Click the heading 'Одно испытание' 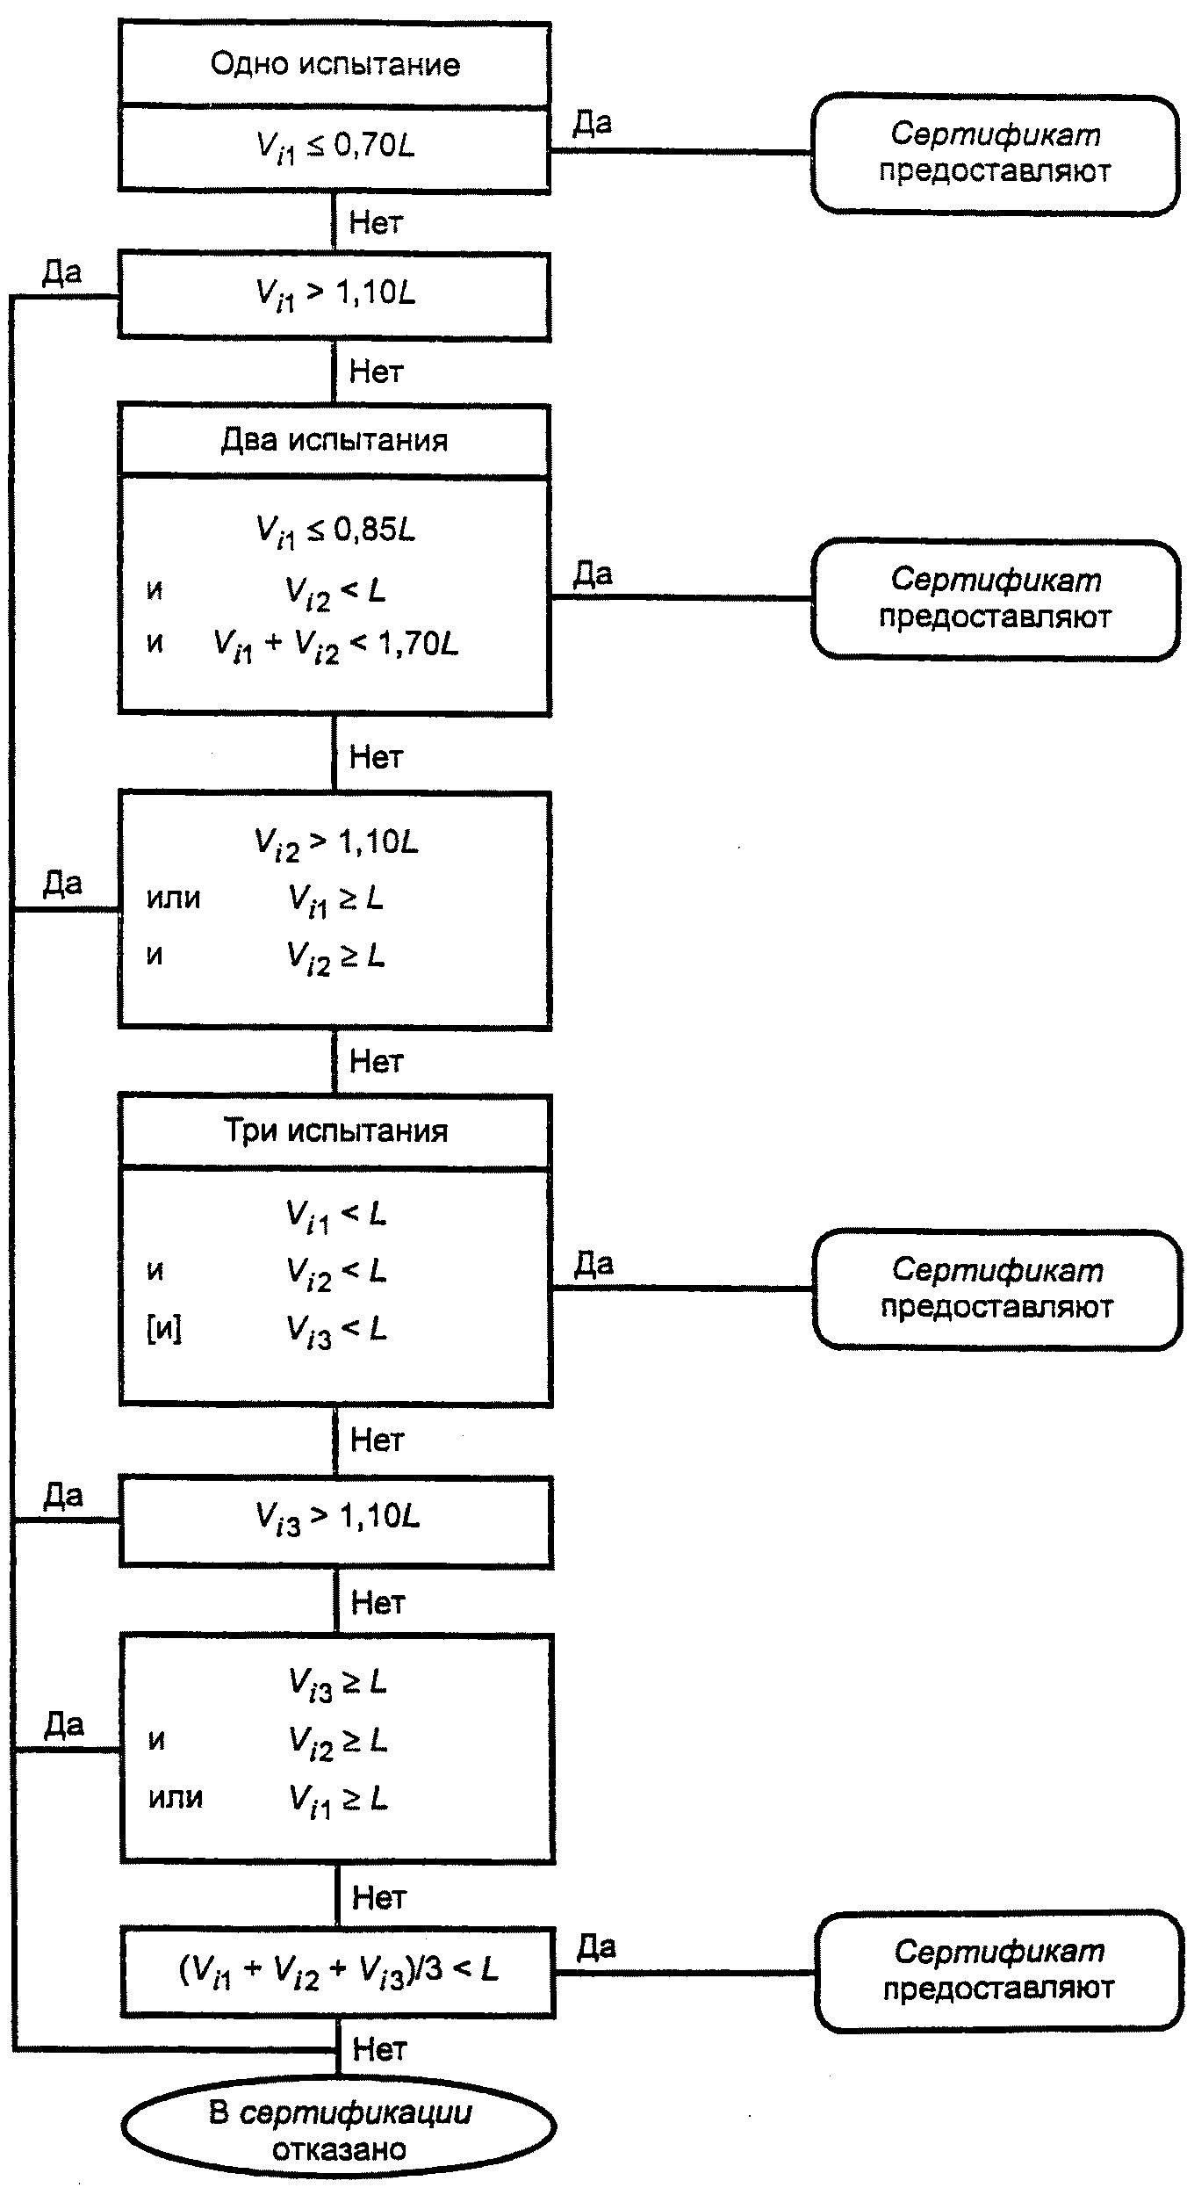tap(335, 64)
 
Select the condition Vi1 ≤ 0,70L tap(335, 147)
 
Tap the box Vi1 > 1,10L tap(335, 295)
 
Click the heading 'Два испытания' tap(335, 439)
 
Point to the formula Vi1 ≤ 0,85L tap(335, 531)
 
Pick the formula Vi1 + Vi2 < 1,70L tap(336, 646)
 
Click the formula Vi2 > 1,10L tap(336, 843)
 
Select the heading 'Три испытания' tap(335, 1130)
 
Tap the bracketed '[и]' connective tap(164, 1329)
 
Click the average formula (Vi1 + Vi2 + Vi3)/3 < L tap(338, 1970)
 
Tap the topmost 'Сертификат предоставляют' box tap(995, 154)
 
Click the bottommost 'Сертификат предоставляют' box tap(998, 1971)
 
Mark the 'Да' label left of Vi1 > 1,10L tap(62, 273)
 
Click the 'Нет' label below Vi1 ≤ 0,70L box tap(376, 222)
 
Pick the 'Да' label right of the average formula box tap(596, 1947)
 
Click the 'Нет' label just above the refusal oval tap(379, 2050)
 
